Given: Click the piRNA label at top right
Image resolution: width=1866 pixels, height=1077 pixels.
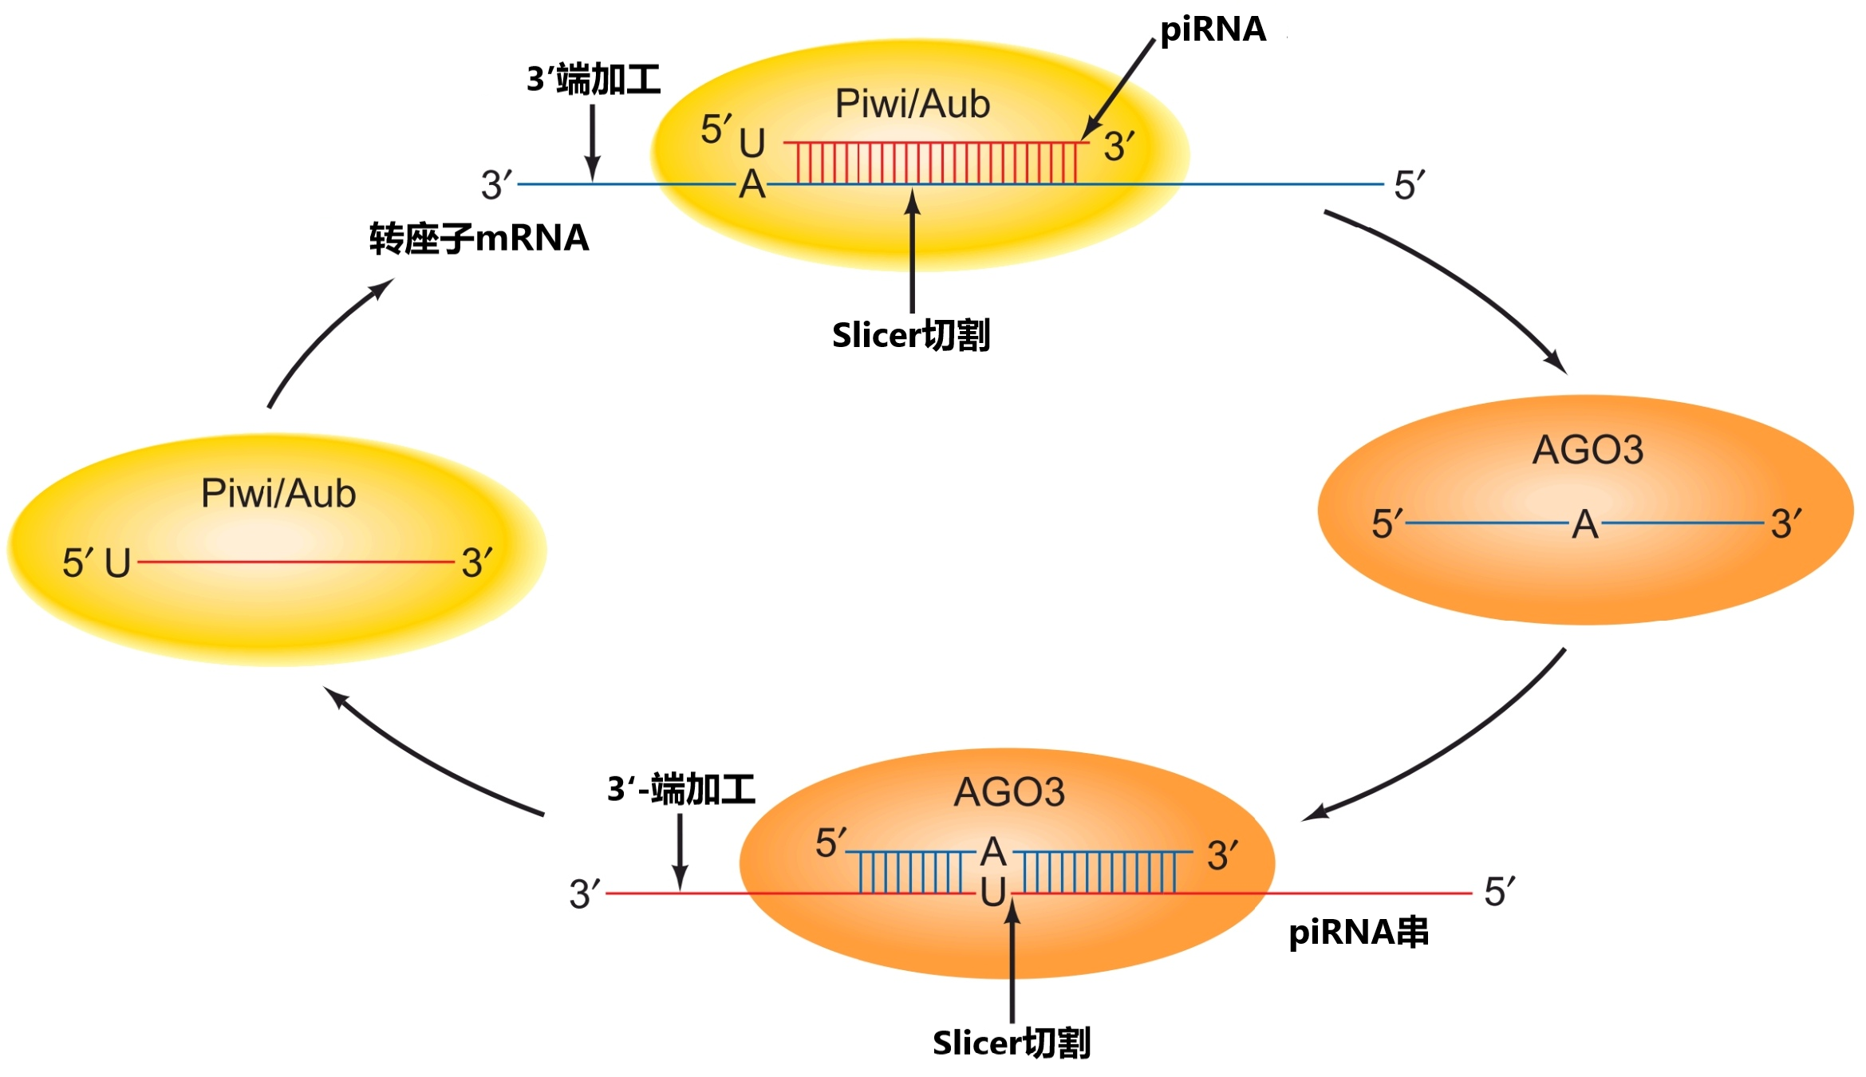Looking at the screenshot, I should pos(1212,30).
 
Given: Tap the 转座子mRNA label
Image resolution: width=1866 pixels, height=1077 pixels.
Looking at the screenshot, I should pos(479,239).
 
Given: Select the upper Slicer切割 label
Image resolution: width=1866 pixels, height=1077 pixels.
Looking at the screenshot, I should pos(910,335).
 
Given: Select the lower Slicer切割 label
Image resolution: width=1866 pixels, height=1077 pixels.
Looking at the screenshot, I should pos(1011,1043).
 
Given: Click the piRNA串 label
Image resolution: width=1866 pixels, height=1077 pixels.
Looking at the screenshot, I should pos(1358,932).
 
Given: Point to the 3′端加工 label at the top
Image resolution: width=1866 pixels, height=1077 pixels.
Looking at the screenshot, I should pos(594,80).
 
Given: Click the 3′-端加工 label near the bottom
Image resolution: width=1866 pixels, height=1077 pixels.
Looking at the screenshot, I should pos(681,789).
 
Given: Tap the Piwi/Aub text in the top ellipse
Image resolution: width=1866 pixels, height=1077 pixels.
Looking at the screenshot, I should pos(912,105).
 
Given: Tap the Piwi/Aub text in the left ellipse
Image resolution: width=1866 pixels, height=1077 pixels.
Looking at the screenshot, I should pos(278,494).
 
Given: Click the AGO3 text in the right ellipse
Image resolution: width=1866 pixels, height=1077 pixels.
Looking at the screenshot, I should pos(1588,450).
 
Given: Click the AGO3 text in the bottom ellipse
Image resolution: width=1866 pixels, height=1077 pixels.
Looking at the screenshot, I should pos(1009,792).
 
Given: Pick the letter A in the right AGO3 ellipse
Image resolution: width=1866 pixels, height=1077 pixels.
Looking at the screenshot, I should pos(1585,525).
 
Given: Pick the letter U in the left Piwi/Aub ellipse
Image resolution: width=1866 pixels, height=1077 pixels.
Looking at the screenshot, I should pos(117,563).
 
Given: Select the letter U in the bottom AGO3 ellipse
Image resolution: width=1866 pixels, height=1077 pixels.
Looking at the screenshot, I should pos(993,893).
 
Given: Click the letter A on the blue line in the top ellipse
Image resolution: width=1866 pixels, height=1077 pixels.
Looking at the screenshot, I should pos(752,185).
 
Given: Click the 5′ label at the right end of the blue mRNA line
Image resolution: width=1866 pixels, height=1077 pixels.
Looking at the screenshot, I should pos(1409,186).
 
